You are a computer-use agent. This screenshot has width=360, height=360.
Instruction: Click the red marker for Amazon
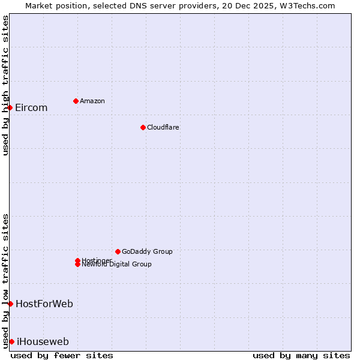(76, 101)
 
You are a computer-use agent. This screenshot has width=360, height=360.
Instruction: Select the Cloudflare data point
(143, 127)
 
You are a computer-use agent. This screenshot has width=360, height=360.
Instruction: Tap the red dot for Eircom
(10, 107)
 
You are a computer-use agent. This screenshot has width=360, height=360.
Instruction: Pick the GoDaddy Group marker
(118, 251)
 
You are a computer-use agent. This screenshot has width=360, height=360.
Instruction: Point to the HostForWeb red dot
(10, 304)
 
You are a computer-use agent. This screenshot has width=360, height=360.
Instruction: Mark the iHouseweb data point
(11, 341)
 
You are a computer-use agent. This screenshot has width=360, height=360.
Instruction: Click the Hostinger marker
(77, 260)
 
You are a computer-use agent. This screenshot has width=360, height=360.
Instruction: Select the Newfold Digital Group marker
(77, 264)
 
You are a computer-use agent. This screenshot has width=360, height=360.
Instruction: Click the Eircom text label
(31, 108)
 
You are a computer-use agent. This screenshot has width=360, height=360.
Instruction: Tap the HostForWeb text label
(44, 304)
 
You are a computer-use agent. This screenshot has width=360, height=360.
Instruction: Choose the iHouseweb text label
(43, 342)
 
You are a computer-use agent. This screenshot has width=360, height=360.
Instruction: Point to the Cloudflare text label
(163, 127)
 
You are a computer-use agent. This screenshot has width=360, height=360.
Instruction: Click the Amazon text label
(92, 101)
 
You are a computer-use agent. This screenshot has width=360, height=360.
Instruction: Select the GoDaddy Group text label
(147, 251)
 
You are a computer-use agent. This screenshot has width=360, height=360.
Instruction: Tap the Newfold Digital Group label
(117, 265)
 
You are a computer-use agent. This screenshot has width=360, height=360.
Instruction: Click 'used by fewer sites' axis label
(62, 355)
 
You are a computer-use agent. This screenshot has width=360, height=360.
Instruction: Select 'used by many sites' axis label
(301, 355)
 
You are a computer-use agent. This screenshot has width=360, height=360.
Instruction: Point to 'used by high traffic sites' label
(5, 85)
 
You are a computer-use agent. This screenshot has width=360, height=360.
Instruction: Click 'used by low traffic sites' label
(5, 281)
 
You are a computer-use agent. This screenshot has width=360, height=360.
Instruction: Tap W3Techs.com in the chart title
(305, 5)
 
